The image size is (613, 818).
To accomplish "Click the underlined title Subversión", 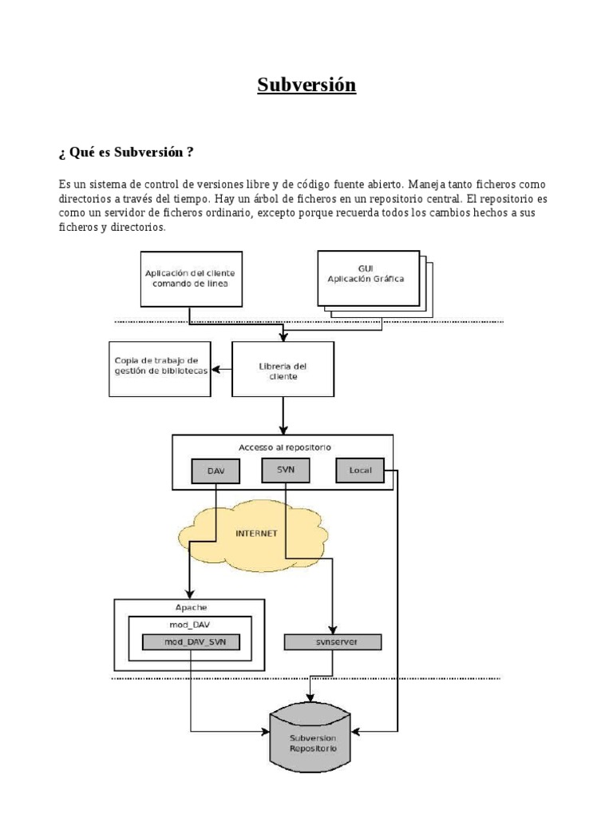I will [x=306, y=85].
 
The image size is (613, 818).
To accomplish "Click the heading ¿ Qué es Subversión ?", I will [x=125, y=151].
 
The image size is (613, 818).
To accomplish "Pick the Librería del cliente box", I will [x=283, y=370].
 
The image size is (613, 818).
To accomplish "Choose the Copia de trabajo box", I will [x=160, y=368].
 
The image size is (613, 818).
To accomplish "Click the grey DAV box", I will [x=216, y=471].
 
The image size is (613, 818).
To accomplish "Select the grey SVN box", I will [x=285, y=471].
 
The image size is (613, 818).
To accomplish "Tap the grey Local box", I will [x=360, y=471].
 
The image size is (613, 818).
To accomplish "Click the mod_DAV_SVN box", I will [x=190, y=641].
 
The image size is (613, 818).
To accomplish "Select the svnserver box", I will [x=333, y=641].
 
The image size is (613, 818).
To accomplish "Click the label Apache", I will [x=190, y=607].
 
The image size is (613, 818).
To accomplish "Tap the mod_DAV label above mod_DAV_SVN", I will [x=190, y=625].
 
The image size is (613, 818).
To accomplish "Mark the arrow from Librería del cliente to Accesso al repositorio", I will [x=283, y=415].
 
